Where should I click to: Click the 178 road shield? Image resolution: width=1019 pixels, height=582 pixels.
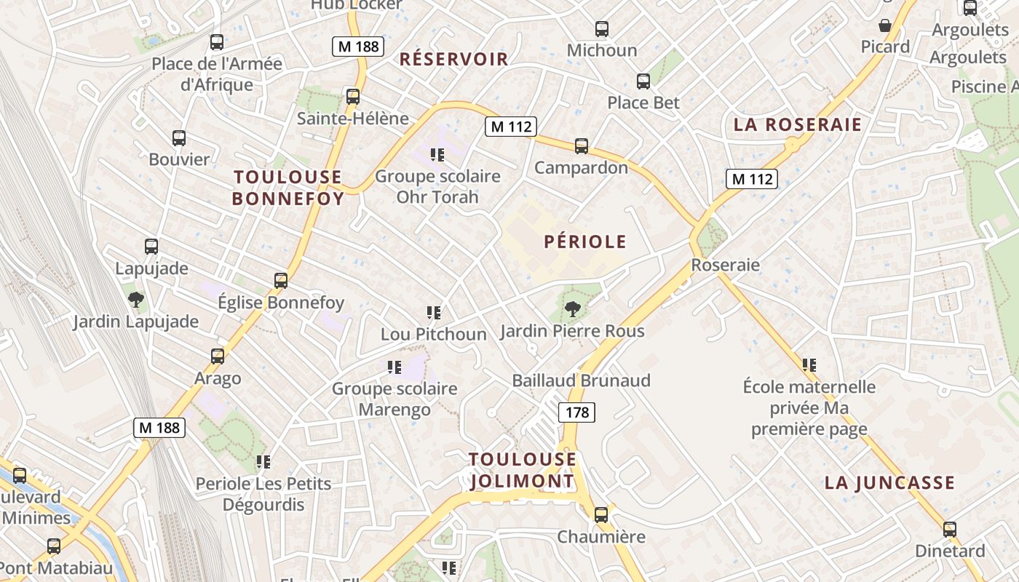tap(576, 413)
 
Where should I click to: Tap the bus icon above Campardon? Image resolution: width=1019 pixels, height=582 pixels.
tap(581, 146)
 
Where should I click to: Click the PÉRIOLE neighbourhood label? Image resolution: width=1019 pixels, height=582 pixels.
tap(585, 242)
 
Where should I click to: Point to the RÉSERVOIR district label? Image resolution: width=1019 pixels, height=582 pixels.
tap(453, 60)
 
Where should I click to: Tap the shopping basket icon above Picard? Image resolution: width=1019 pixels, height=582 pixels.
tap(885, 25)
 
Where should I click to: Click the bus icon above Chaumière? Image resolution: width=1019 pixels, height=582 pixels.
tap(601, 515)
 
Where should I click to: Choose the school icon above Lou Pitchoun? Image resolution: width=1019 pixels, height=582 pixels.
tap(434, 313)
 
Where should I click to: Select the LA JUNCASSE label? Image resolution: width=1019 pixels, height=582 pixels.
tap(889, 482)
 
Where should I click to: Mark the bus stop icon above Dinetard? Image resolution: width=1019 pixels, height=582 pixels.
tap(950, 530)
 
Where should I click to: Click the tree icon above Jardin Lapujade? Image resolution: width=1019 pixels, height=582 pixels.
tap(135, 299)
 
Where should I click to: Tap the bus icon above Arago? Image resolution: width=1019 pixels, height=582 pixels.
tap(218, 356)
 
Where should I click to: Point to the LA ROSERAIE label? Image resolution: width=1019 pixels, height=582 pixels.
tap(797, 124)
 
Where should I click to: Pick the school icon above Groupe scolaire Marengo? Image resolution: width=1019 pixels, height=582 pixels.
tap(394, 367)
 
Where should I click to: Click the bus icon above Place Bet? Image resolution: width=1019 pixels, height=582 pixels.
tap(643, 81)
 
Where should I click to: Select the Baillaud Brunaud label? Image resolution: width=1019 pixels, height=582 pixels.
tap(581, 380)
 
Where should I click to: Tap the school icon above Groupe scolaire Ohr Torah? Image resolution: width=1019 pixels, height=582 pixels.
tap(437, 154)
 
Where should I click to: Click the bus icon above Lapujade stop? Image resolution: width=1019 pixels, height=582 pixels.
tap(151, 247)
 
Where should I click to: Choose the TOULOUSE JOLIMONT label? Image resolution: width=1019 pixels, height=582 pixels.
tap(522, 470)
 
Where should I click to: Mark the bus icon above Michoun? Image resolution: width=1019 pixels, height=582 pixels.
tap(602, 29)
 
